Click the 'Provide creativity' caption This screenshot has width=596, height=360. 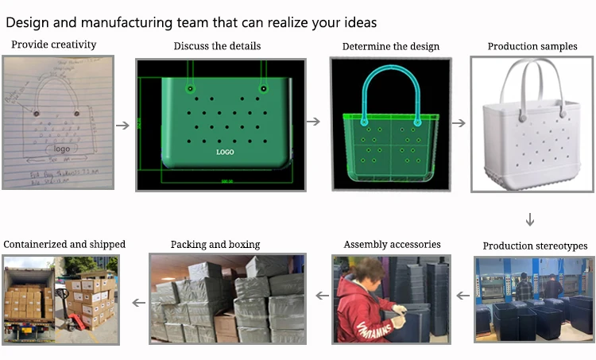(54, 45)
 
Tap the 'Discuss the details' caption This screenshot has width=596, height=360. (217, 46)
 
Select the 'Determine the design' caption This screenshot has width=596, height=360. (390, 46)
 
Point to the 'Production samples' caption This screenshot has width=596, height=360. (532, 46)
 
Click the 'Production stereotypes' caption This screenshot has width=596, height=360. (535, 246)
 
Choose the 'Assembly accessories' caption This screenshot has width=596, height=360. (392, 245)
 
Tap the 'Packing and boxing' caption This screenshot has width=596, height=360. (215, 245)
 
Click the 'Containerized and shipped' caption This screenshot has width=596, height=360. (65, 245)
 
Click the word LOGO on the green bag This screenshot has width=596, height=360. (226, 150)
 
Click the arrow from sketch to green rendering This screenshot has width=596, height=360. (122, 125)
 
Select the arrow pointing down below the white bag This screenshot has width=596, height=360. (530, 219)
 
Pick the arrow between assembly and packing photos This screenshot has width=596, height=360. (322, 296)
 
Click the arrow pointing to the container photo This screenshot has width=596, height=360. (138, 302)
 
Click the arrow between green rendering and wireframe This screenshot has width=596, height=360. (314, 122)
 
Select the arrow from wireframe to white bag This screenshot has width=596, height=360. (459, 124)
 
